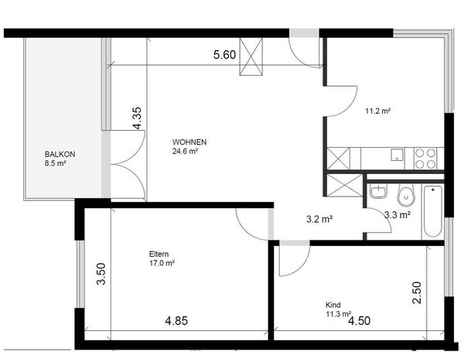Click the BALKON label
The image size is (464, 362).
[x=60, y=155]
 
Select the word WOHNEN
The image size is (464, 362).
[x=189, y=142]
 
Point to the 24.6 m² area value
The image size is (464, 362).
[x=186, y=152]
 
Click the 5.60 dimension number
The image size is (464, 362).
[x=225, y=55]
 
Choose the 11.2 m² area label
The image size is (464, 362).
[x=377, y=111]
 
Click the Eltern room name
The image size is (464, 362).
[x=159, y=254]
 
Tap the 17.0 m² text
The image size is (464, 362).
[x=162, y=263]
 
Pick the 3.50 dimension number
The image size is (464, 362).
[x=100, y=275]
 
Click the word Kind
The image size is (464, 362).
[x=333, y=305]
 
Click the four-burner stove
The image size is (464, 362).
[x=425, y=158]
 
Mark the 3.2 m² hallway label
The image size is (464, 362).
[x=319, y=219]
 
